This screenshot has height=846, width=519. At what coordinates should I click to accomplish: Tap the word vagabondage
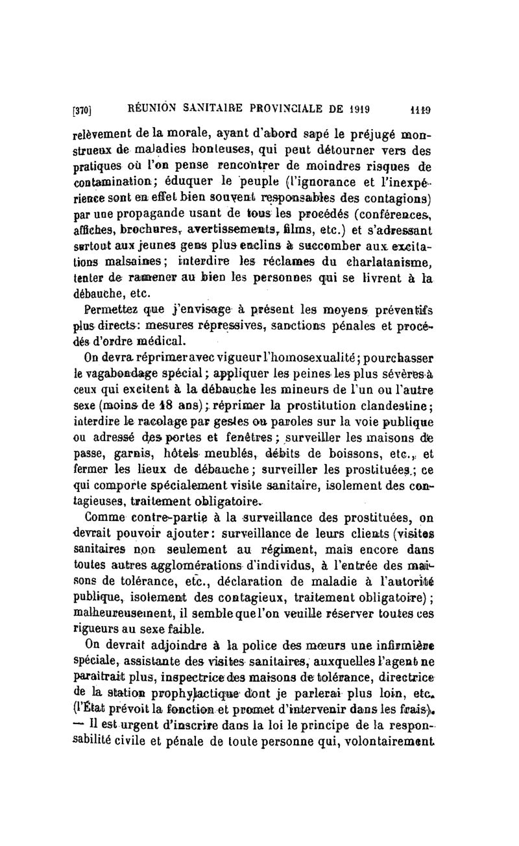pos(133,374)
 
